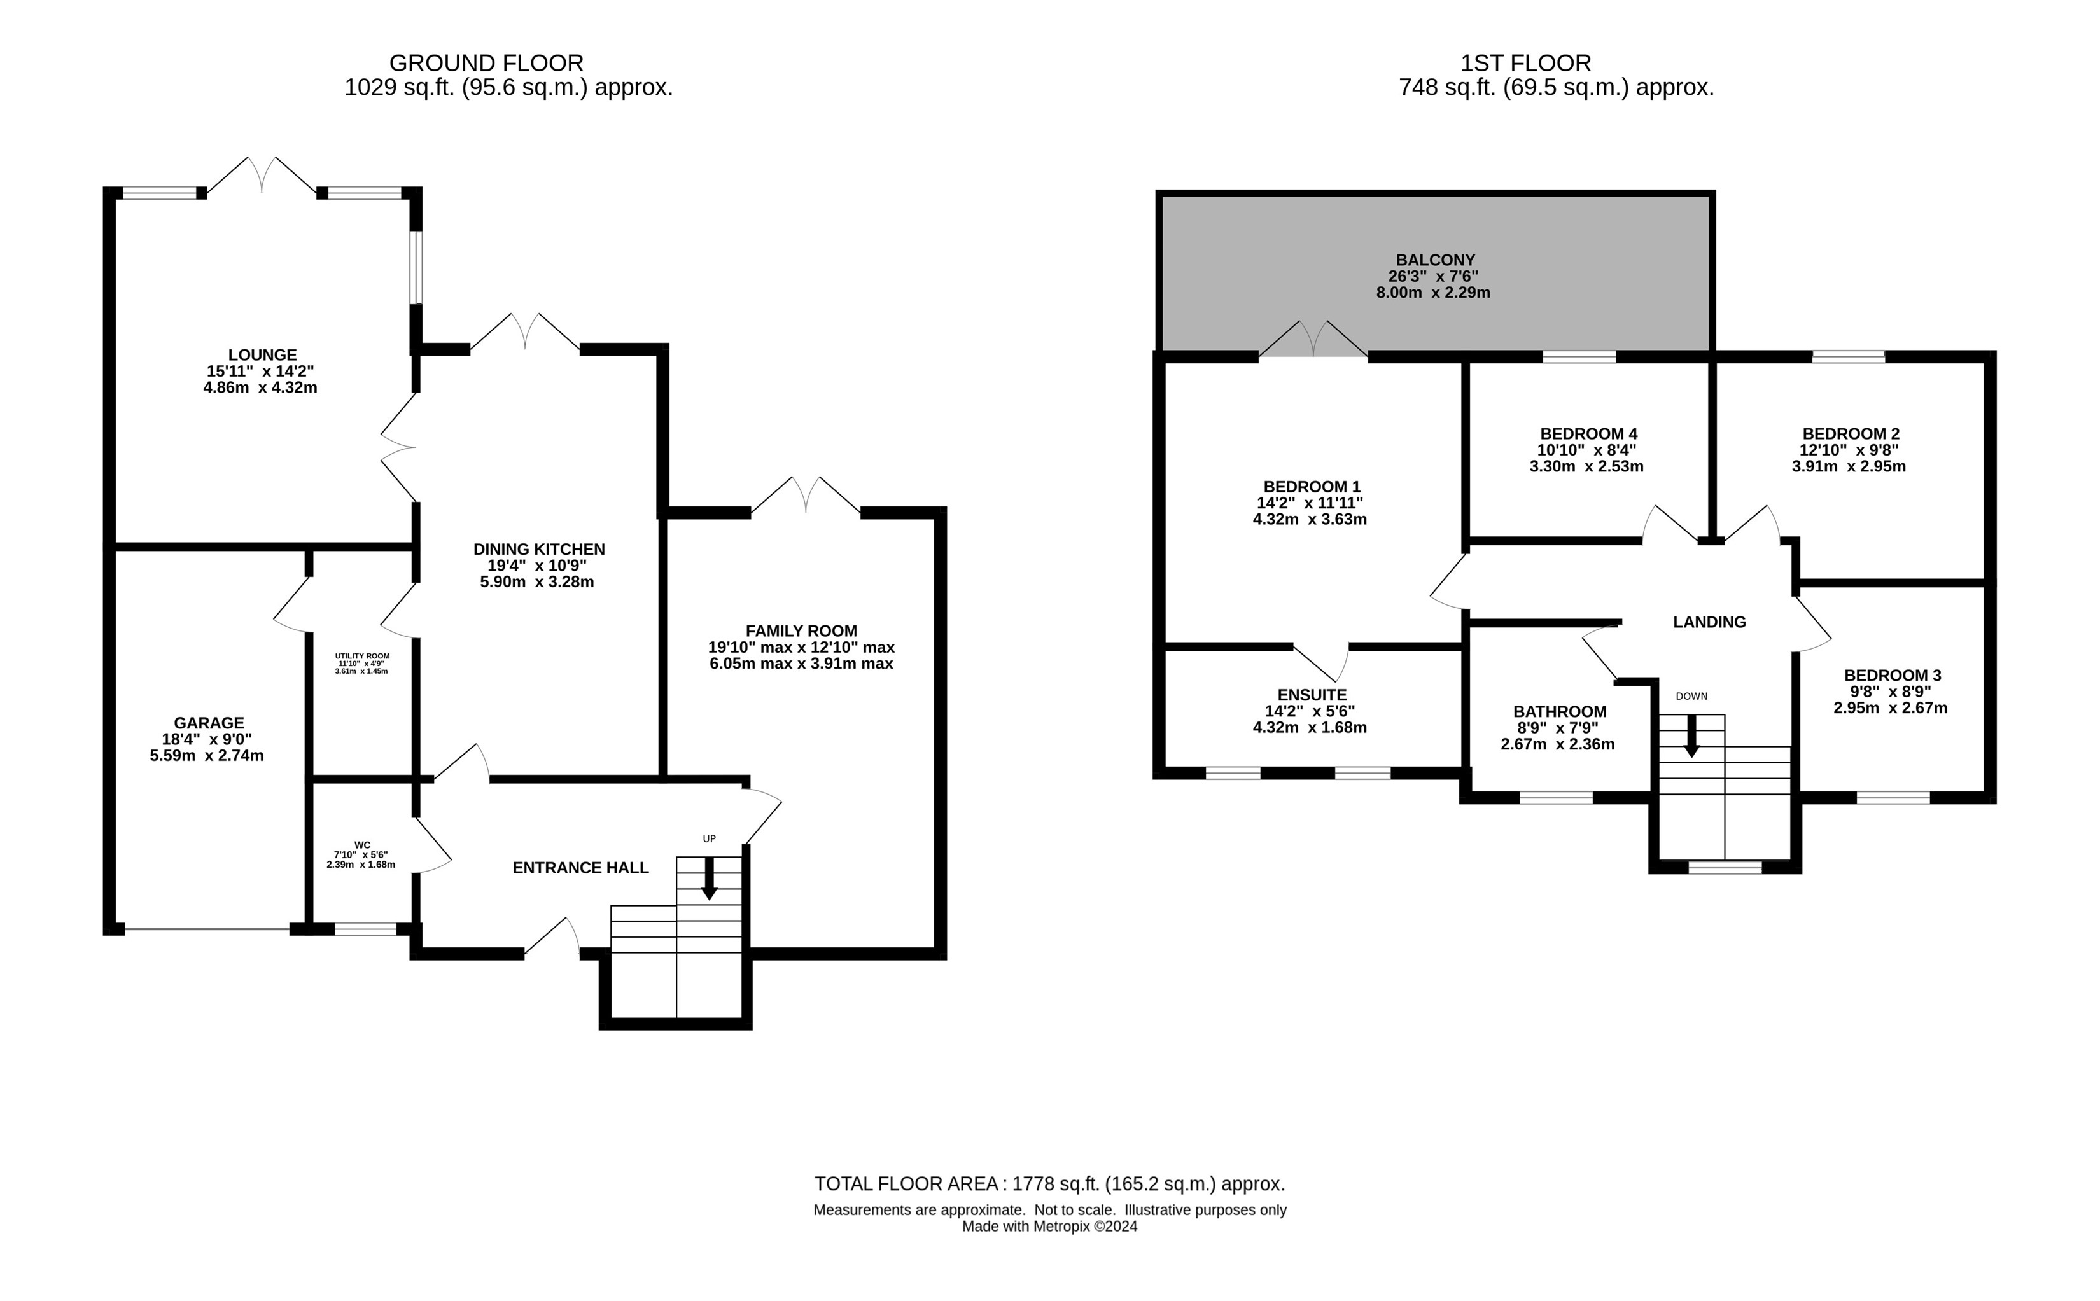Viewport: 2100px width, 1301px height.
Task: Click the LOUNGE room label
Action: click(x=262, y=354)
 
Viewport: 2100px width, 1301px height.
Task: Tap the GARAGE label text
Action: click(x=209, y=723)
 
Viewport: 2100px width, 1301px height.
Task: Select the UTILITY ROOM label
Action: click(x=362, y=656)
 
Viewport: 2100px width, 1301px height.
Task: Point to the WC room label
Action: click(x=362, y=845)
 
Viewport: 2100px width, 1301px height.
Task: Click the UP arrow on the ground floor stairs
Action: click(x=709, y=879)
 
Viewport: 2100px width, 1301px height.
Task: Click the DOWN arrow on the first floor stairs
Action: click(x=1691, y=737)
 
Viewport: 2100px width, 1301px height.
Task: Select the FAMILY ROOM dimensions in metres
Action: click(x=801, y=664)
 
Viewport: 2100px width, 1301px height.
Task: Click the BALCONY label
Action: click(x=1436, y=260)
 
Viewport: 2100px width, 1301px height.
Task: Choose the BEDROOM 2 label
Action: click(x=1849, y=434)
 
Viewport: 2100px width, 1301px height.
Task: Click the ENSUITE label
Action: click(x=1312, y=694)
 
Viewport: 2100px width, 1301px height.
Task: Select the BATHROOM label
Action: click(x=1560, y=712)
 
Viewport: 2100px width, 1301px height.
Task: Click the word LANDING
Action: click(x=1709, y=622)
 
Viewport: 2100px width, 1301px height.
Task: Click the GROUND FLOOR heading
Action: click(x=486, y=63)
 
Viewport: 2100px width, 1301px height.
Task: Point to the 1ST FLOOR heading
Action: click(x=1526, y=63)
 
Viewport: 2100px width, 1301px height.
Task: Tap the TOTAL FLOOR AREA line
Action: click(x=1050, y=1184)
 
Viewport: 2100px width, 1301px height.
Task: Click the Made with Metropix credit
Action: click(x=1050, y=1227)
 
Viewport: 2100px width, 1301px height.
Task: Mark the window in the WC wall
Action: click(x=366, y=928)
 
